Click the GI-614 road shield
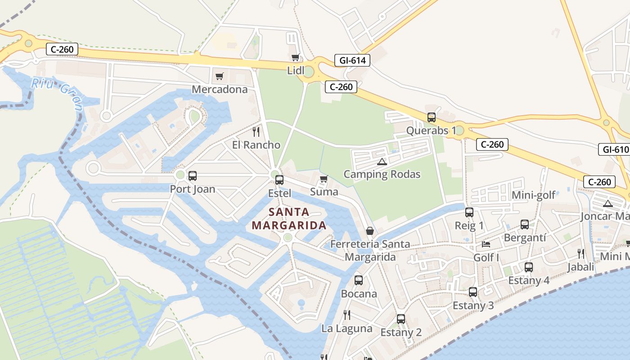point(352,60)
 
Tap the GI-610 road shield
point(613,149)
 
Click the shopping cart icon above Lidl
point(296,57)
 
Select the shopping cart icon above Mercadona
point(219,76)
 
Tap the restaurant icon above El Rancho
point(256,131)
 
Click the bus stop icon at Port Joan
point(193,176)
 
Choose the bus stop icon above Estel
point(279,180)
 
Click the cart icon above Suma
point(324,179)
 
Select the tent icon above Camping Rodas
point(382,162)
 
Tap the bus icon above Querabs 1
point(432,117)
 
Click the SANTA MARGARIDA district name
point(288,219)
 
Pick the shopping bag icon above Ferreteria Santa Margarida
point(370,231)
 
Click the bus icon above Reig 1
point(469,212)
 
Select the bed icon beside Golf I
point(486,244)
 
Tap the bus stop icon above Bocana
point(359,280)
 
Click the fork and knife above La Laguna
point(347,315)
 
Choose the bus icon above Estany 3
point(473,292)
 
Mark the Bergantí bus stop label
point(525,237)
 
